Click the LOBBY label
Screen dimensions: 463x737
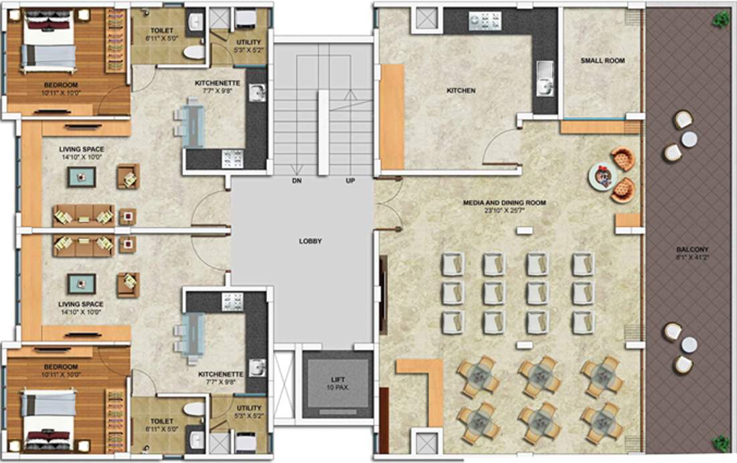[x=310, y=241]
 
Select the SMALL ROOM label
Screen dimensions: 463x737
[x=602, y=61]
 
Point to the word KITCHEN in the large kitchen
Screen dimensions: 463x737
[x=462, y=90]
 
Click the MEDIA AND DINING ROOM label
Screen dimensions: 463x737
[x=504, y=202]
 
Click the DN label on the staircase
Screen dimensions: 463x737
[x=296, y=181]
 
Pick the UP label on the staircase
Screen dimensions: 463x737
[x=350, y=181]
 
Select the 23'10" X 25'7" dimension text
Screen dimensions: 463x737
[x=504, y=210]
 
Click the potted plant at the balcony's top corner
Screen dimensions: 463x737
[x=721, y=19]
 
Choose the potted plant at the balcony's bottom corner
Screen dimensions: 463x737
[x=721, y=443]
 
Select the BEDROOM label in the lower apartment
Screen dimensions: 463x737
[x=61, y=367]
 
